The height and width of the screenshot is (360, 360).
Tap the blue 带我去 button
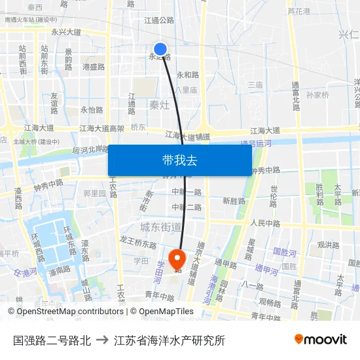(180, 160)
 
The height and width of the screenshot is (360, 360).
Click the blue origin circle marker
(160, 49)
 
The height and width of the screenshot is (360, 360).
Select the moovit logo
(320, 339)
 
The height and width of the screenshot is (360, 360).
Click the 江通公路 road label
(159, 20)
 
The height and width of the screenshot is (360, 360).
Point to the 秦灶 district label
(160, 104)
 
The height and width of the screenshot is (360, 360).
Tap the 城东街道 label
(160, 226)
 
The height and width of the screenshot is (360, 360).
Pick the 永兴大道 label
(66, 31)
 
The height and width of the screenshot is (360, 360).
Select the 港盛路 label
(94, 67)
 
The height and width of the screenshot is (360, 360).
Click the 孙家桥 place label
(317, 95)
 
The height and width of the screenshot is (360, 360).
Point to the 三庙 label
(255, 84)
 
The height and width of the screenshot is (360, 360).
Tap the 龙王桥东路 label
(137, 245)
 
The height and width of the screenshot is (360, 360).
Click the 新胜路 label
(234, 201)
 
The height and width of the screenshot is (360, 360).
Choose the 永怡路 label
(92, 110)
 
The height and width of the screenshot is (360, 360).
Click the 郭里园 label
(94, 193)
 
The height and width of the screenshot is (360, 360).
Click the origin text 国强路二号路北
(52, 340)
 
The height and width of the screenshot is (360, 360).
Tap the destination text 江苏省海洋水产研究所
(169, 340)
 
